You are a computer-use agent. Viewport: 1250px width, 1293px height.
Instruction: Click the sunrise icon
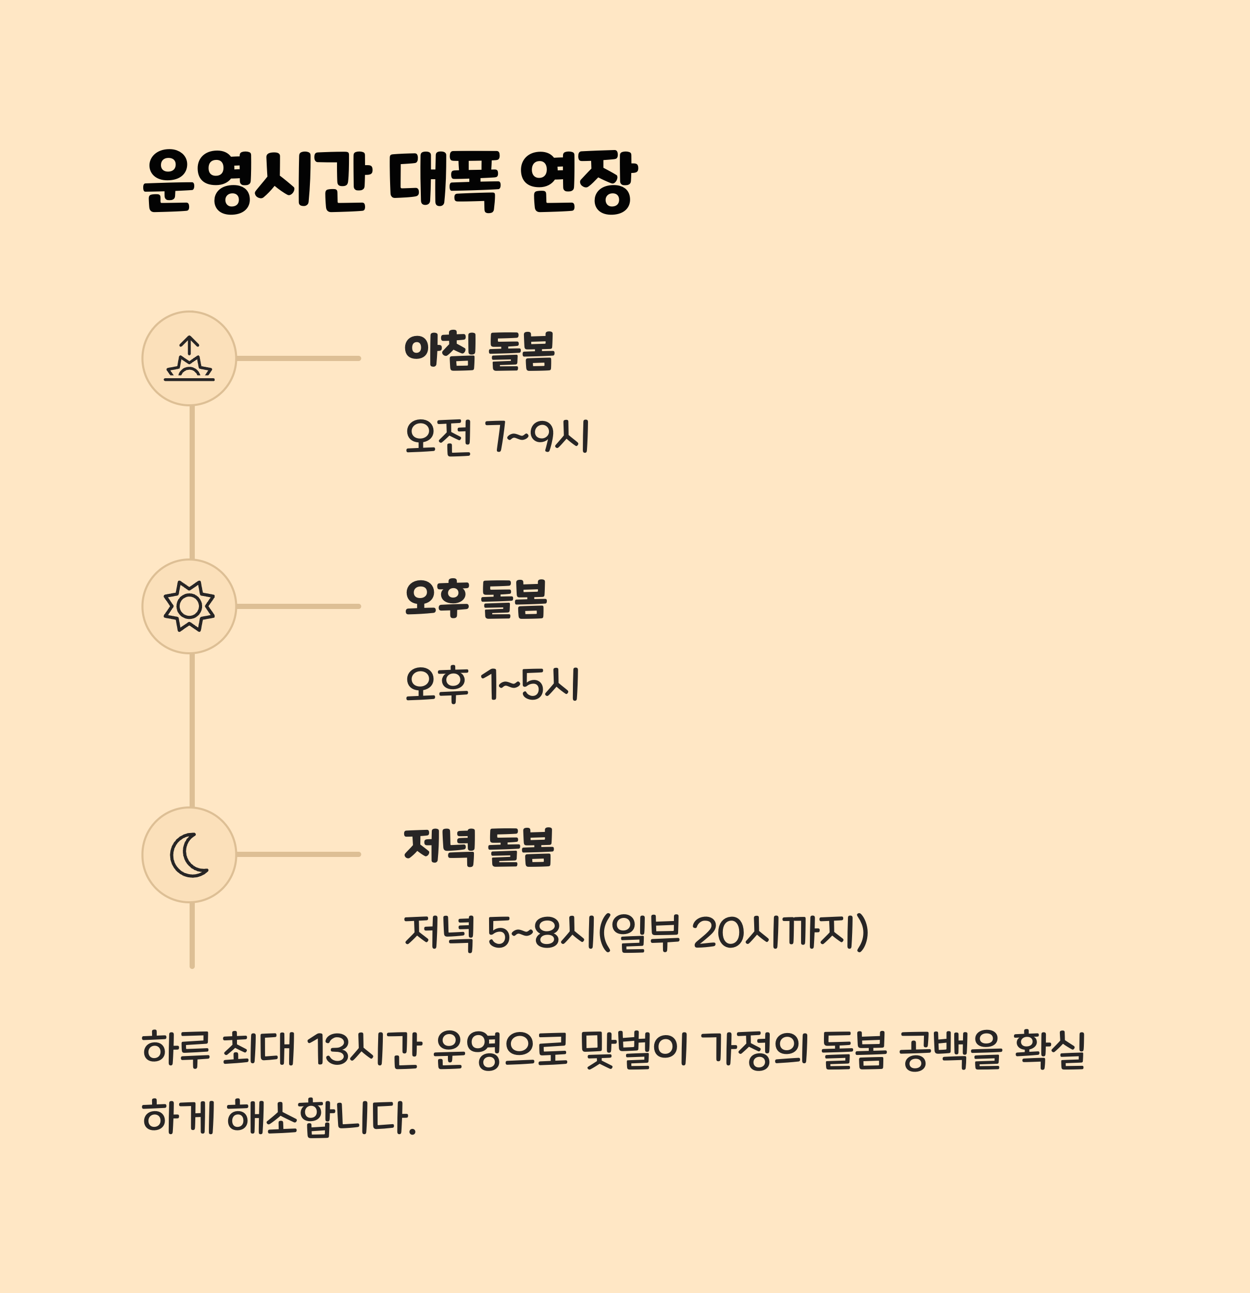tap(189, 358)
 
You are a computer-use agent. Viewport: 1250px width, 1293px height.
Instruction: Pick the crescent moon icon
tap(189, 854)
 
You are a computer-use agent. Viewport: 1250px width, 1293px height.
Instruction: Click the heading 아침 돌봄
tap(480, 352)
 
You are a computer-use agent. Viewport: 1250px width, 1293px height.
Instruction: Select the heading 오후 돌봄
tap(476, 600)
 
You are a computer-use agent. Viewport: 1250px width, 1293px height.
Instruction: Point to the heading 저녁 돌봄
tap(480, 848)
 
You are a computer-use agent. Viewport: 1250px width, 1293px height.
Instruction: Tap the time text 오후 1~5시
tap(492, 685)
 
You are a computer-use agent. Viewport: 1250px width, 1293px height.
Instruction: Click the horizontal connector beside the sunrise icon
tap(298, 358)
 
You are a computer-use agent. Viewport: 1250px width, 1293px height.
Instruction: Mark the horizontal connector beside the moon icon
tap(298, 854)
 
